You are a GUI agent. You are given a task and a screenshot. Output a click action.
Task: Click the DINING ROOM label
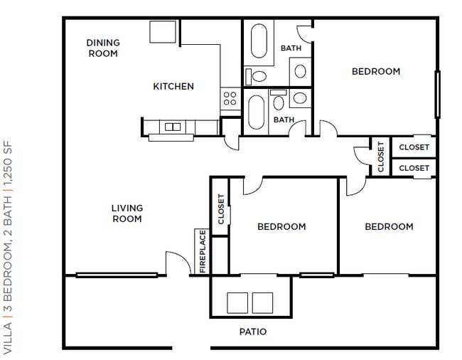103,48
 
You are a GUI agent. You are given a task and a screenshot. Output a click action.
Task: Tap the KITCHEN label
173,86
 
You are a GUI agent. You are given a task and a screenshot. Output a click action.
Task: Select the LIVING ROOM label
127,213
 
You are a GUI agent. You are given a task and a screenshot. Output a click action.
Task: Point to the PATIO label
253,332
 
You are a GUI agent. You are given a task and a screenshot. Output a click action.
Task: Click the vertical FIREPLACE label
203,252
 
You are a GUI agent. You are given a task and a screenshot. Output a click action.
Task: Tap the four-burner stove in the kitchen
230,98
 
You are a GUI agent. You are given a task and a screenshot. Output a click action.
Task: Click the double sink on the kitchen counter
173,127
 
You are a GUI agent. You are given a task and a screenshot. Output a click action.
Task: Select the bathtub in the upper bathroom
259,41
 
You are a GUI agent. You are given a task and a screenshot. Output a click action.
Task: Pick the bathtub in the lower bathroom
257,112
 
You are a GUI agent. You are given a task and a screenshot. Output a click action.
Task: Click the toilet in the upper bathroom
257,76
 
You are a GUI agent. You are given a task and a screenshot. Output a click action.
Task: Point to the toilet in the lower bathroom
279,100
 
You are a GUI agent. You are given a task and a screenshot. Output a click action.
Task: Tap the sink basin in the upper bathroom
300,71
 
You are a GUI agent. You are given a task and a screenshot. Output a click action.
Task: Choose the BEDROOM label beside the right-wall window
376,71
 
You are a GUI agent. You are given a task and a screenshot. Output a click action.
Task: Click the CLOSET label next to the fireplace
221,209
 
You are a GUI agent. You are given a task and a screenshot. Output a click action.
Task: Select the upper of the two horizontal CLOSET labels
414,147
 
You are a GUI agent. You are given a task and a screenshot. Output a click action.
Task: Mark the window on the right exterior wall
438,95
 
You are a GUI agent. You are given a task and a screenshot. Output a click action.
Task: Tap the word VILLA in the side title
8,338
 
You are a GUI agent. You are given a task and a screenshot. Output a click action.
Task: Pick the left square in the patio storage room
237,303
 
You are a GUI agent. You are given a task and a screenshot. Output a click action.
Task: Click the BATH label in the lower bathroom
284,120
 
